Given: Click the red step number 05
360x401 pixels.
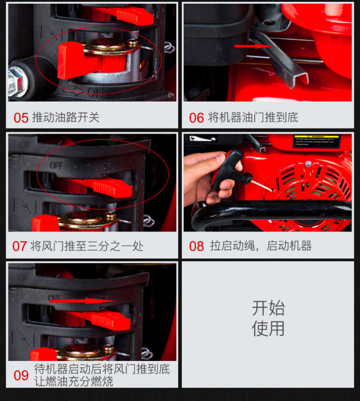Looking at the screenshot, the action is (21, 118).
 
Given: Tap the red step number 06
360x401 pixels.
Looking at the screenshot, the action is (196, 118).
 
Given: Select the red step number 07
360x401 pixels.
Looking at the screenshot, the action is (19, 246).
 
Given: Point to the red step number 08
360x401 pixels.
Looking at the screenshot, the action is (196, 246).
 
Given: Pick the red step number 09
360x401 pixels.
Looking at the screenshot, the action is (21, 375).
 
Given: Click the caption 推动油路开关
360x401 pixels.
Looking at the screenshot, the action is (66, 117).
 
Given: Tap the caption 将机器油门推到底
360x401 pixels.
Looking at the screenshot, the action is (253, 117).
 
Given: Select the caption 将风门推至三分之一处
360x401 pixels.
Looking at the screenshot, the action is (87, 246).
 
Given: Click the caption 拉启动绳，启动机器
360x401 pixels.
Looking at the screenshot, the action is (261, 246).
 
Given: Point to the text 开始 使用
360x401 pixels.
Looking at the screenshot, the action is (268, 318).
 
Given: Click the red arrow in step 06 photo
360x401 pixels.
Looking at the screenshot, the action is (253, 46).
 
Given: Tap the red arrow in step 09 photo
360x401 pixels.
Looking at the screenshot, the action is (83, 301).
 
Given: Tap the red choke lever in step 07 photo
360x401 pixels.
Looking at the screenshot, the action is (100, 187).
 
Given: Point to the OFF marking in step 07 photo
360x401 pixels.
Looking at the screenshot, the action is (56, 165).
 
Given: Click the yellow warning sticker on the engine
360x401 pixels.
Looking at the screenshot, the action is (317, 141).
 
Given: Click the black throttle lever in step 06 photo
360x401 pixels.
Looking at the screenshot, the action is (279, 59).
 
